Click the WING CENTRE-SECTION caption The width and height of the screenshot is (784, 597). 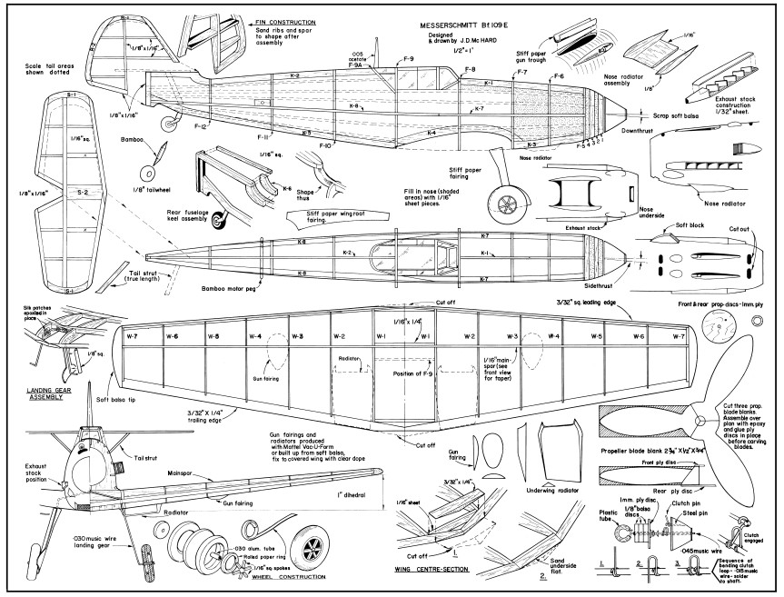click(x=433, y=572)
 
